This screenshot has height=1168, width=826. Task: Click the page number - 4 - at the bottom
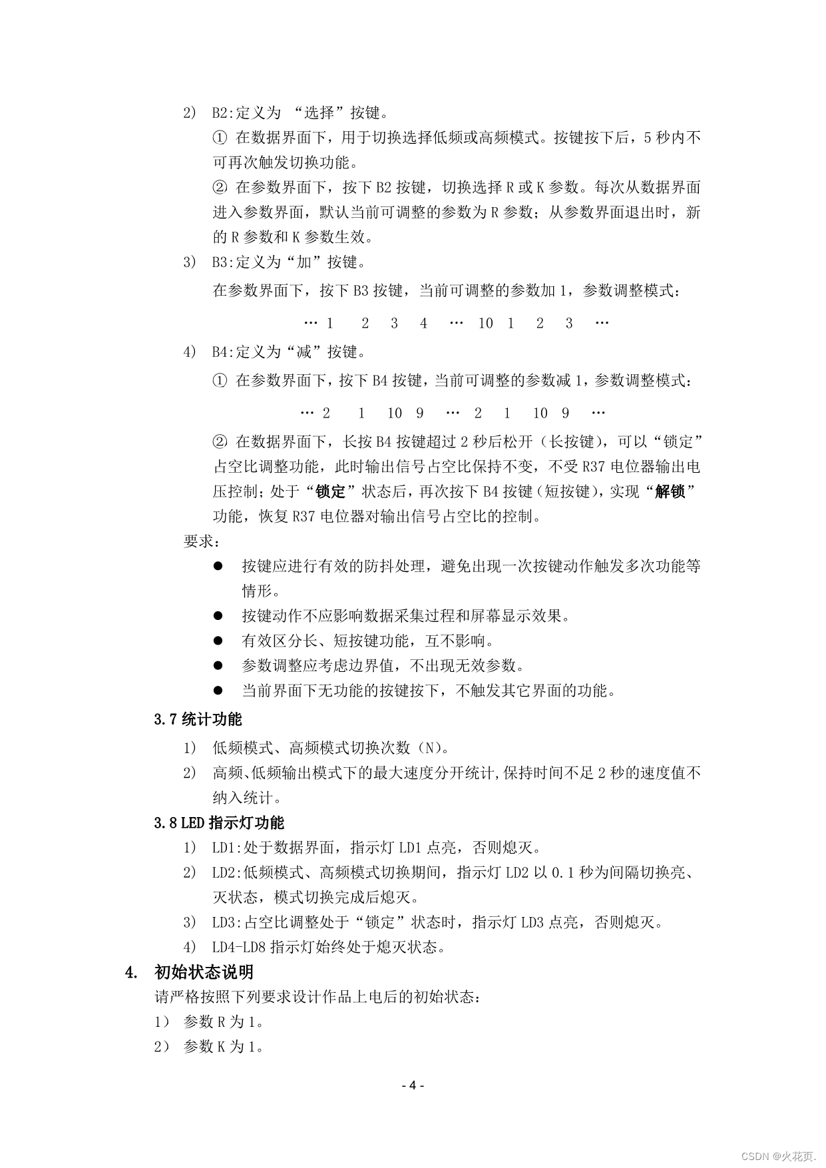[413, 1085]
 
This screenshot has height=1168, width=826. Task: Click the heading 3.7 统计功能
[198, 719]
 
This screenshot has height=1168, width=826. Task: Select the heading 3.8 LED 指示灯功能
[219, 823]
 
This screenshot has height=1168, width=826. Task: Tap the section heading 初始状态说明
[204, 972]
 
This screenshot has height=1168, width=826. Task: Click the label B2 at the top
[220, 113]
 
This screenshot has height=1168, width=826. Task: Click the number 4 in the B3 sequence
[423, 324]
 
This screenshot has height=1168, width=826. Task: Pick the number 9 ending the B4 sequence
[565, 413]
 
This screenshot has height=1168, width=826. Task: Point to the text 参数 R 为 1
[224, 1022]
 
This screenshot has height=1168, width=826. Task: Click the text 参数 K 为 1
[224, 1047]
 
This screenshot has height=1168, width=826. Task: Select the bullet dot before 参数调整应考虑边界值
[217, 665]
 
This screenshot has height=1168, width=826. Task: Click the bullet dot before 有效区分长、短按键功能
[217, 641]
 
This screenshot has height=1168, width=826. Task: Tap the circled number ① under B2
[220, 138]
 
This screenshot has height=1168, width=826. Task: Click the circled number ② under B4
[220, 441]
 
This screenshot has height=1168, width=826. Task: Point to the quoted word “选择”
[322, 113]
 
